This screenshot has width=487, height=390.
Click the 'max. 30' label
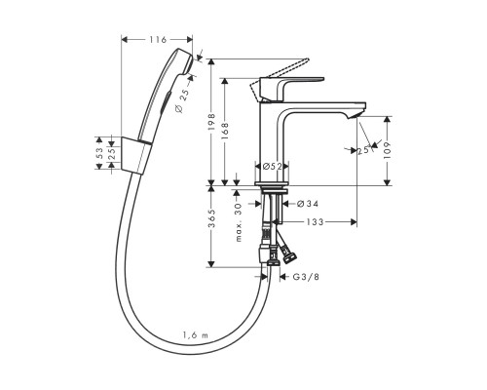237,222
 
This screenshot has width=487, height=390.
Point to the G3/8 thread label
306,277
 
